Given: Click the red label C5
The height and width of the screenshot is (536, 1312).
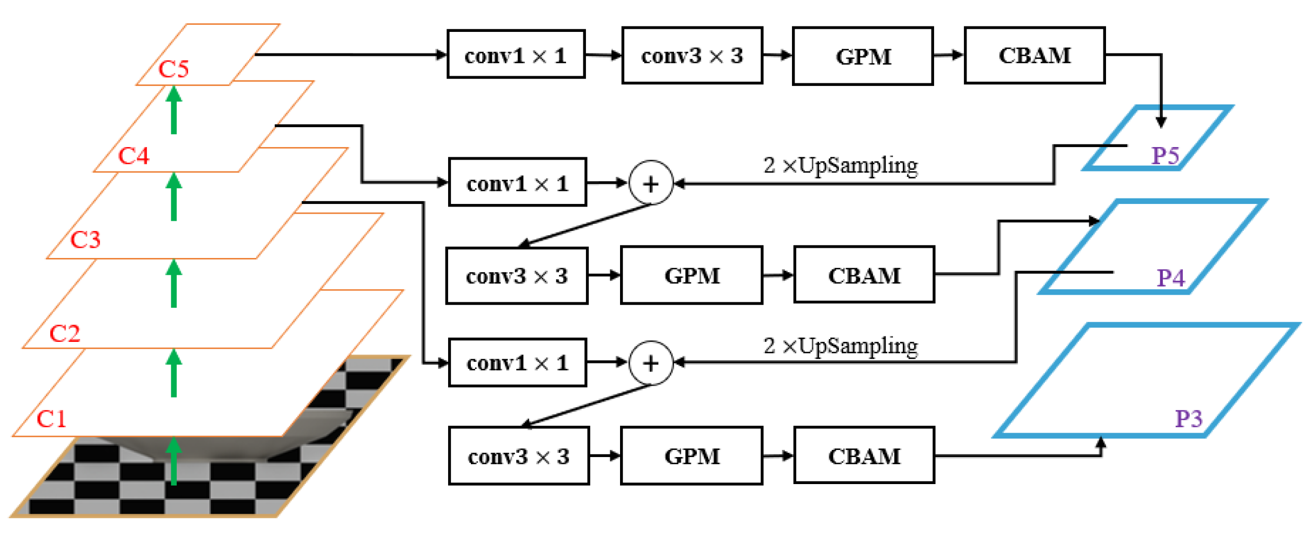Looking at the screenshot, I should pos(174,69).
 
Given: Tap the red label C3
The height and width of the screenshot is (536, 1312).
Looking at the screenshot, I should pos(85,240).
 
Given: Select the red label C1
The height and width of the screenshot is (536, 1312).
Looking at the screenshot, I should pos(51,419).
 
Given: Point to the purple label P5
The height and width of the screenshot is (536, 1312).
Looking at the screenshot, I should pos(1165,156).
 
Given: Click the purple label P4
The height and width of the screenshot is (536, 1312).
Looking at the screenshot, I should pos(1171,278).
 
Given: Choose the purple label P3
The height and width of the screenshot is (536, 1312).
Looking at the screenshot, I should pos(1189,419).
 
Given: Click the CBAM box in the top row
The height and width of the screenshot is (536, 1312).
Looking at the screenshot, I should pos(1034,55).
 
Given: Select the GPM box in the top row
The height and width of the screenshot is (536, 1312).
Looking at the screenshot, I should pos(863,56).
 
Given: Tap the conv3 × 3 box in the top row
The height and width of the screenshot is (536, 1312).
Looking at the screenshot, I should pos(692,56).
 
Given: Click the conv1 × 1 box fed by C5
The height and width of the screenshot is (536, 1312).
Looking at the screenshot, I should pos(516,55).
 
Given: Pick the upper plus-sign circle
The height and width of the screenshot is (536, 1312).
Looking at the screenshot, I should pos(651,183).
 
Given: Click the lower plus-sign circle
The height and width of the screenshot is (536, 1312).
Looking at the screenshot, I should pos(651,363).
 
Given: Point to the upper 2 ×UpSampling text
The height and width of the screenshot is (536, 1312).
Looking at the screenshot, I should pos(841,165).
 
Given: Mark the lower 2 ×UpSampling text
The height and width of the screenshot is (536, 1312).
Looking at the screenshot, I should pos(841,346).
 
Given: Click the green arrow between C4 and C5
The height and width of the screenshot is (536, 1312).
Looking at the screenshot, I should pos(174,111).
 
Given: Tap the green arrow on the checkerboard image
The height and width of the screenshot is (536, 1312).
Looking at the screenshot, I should pos(174,461).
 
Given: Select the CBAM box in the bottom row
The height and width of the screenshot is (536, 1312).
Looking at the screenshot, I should pos(864,455).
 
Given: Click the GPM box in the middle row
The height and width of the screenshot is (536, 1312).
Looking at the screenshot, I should pos(691,275).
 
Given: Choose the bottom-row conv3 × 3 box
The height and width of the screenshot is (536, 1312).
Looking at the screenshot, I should pos(518,456).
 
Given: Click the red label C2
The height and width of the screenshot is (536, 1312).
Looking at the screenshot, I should pos(65,333).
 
